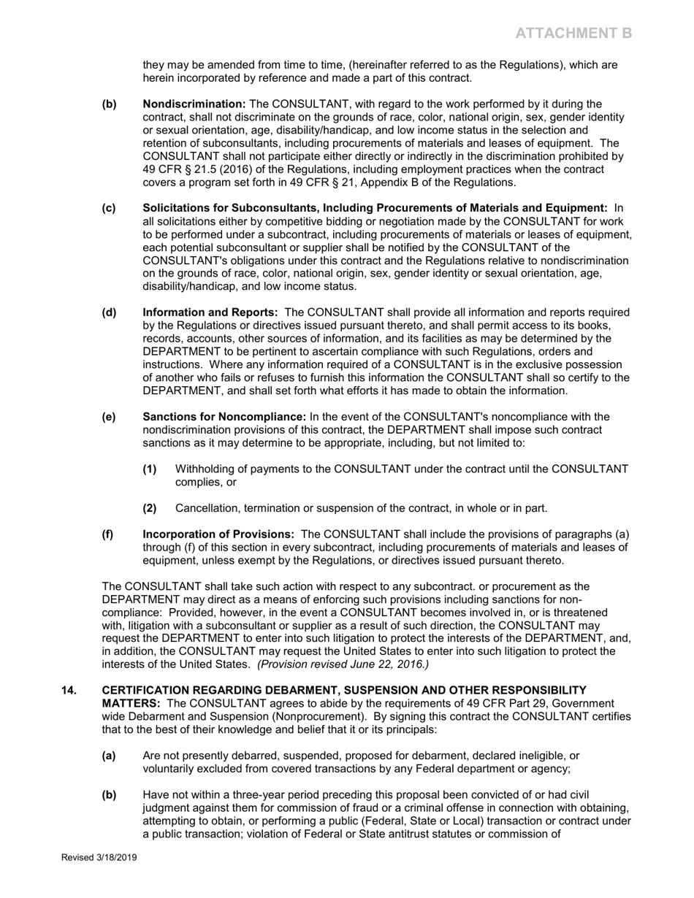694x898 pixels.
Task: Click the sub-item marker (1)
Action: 150,469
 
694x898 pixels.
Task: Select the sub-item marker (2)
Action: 150,508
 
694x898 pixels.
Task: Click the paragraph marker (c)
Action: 109,208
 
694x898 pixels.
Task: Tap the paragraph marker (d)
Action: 109,312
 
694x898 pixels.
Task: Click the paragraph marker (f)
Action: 107,534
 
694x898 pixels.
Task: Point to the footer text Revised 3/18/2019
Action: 99,858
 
